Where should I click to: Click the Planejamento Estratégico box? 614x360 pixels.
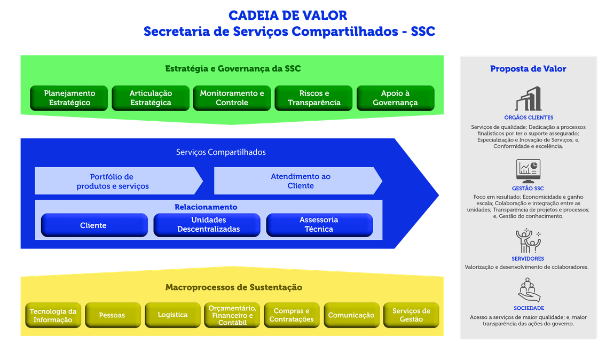pos(69,98)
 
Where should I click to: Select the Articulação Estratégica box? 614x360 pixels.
pos(151,98)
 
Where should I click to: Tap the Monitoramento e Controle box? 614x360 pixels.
pos(232,98)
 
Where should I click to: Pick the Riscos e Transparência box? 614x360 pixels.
pos(314,98)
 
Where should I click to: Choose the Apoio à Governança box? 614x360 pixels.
pos(395,98)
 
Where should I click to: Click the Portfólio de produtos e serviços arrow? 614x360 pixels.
pos(113,181)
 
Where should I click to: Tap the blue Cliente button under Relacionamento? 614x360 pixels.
pos(94,225)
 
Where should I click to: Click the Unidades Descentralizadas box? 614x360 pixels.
pos(207,225)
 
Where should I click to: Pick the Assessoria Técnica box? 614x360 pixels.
pos(319,225)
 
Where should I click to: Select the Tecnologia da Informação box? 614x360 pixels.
pos(53,315)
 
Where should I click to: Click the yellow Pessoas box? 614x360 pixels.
pos(113,315)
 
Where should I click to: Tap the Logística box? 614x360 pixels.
pos(172,315)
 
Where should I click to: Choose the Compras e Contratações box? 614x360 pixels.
pos(292,315)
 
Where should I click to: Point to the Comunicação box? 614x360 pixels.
pos(351,315)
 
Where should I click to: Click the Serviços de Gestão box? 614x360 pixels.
pos(411,315)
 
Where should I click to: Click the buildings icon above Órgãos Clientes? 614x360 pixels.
pos(528,98)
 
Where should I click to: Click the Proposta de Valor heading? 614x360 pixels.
pos(528,69)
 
